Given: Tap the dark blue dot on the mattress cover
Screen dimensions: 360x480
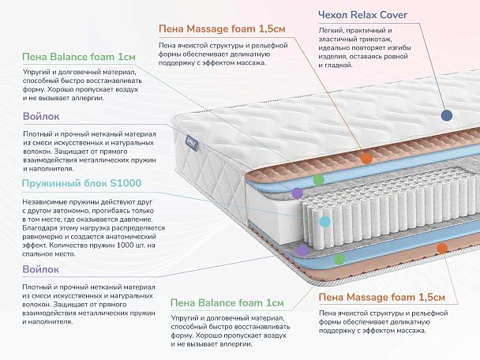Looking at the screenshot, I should (447, 115).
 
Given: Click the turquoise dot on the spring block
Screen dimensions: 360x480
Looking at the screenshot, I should (323, 222).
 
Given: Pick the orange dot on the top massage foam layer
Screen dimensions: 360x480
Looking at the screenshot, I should (366, 159).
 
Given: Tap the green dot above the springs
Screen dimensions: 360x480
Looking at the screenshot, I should (318, 180).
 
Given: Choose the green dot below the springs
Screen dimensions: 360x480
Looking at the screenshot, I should (339, 257).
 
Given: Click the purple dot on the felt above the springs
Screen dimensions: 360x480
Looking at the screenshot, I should (297, 192).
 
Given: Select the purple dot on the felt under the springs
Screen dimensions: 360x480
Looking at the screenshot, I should (302, 249).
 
